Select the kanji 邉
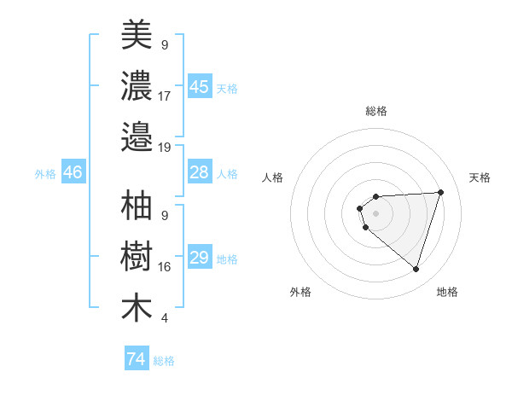coord(137,137)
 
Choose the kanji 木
coord(137,308)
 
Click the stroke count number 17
coord(165,96)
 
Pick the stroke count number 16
coord(165,267)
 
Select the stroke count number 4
coord(164,318)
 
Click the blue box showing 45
coord(200,87)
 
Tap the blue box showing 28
coord(200,172)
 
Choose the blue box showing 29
coord(200,258)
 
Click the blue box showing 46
coord(73,172)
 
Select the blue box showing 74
coord(137,359)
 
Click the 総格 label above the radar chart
coord(376,111)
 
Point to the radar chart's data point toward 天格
coord(440,192)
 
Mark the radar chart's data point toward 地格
coord(416,269)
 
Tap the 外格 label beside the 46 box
coord(45,173)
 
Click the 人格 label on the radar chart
coord(272,177)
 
